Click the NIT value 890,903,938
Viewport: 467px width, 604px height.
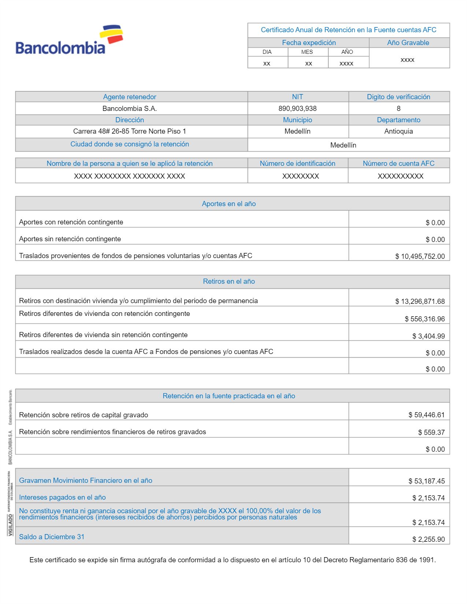(x=297, y=109)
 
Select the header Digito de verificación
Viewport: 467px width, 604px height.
(x=399, y=97)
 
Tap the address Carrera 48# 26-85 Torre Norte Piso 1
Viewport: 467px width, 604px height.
(x=130, y=131)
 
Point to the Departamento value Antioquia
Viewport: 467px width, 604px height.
(x=399, y=131)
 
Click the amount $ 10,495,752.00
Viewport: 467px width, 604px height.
(x=420, y=256)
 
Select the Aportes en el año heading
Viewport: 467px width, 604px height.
(x=229, y=204)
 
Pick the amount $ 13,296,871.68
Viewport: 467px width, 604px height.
(x=420, y=302)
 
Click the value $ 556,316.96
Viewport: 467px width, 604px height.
(x=425, y=319)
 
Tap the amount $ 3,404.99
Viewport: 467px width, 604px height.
(x=428, y=336)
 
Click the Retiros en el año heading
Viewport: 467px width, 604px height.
(x=229, y=282)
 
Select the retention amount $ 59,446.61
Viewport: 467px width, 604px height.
(x=426, y=415)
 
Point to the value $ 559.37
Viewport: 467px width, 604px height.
(x=431, y=433)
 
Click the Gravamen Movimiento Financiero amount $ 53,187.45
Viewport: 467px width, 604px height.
(x=426, y=481)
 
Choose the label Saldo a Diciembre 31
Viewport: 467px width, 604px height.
(x=52, y=537)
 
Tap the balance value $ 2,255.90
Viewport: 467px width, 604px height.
(x=428, y=540)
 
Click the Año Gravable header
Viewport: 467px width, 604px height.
(x=408, y=43)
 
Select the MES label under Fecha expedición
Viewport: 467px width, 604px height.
(x=307, y=52)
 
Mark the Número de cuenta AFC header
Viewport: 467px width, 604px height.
(x=399, y=164)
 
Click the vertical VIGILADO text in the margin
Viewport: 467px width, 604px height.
(x=10, y=525)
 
